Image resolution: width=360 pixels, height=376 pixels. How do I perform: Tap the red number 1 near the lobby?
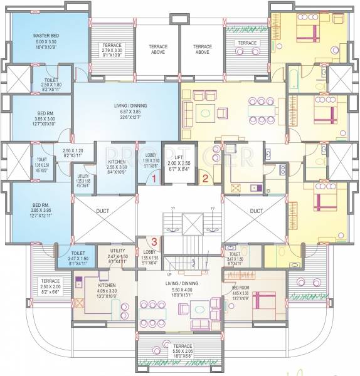pos(153,179)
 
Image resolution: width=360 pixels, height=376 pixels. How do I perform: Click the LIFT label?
pos(179,159)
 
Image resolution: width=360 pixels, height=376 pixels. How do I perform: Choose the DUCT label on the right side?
pos(256,211)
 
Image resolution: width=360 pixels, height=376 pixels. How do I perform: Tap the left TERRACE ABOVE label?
pos(157,50)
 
